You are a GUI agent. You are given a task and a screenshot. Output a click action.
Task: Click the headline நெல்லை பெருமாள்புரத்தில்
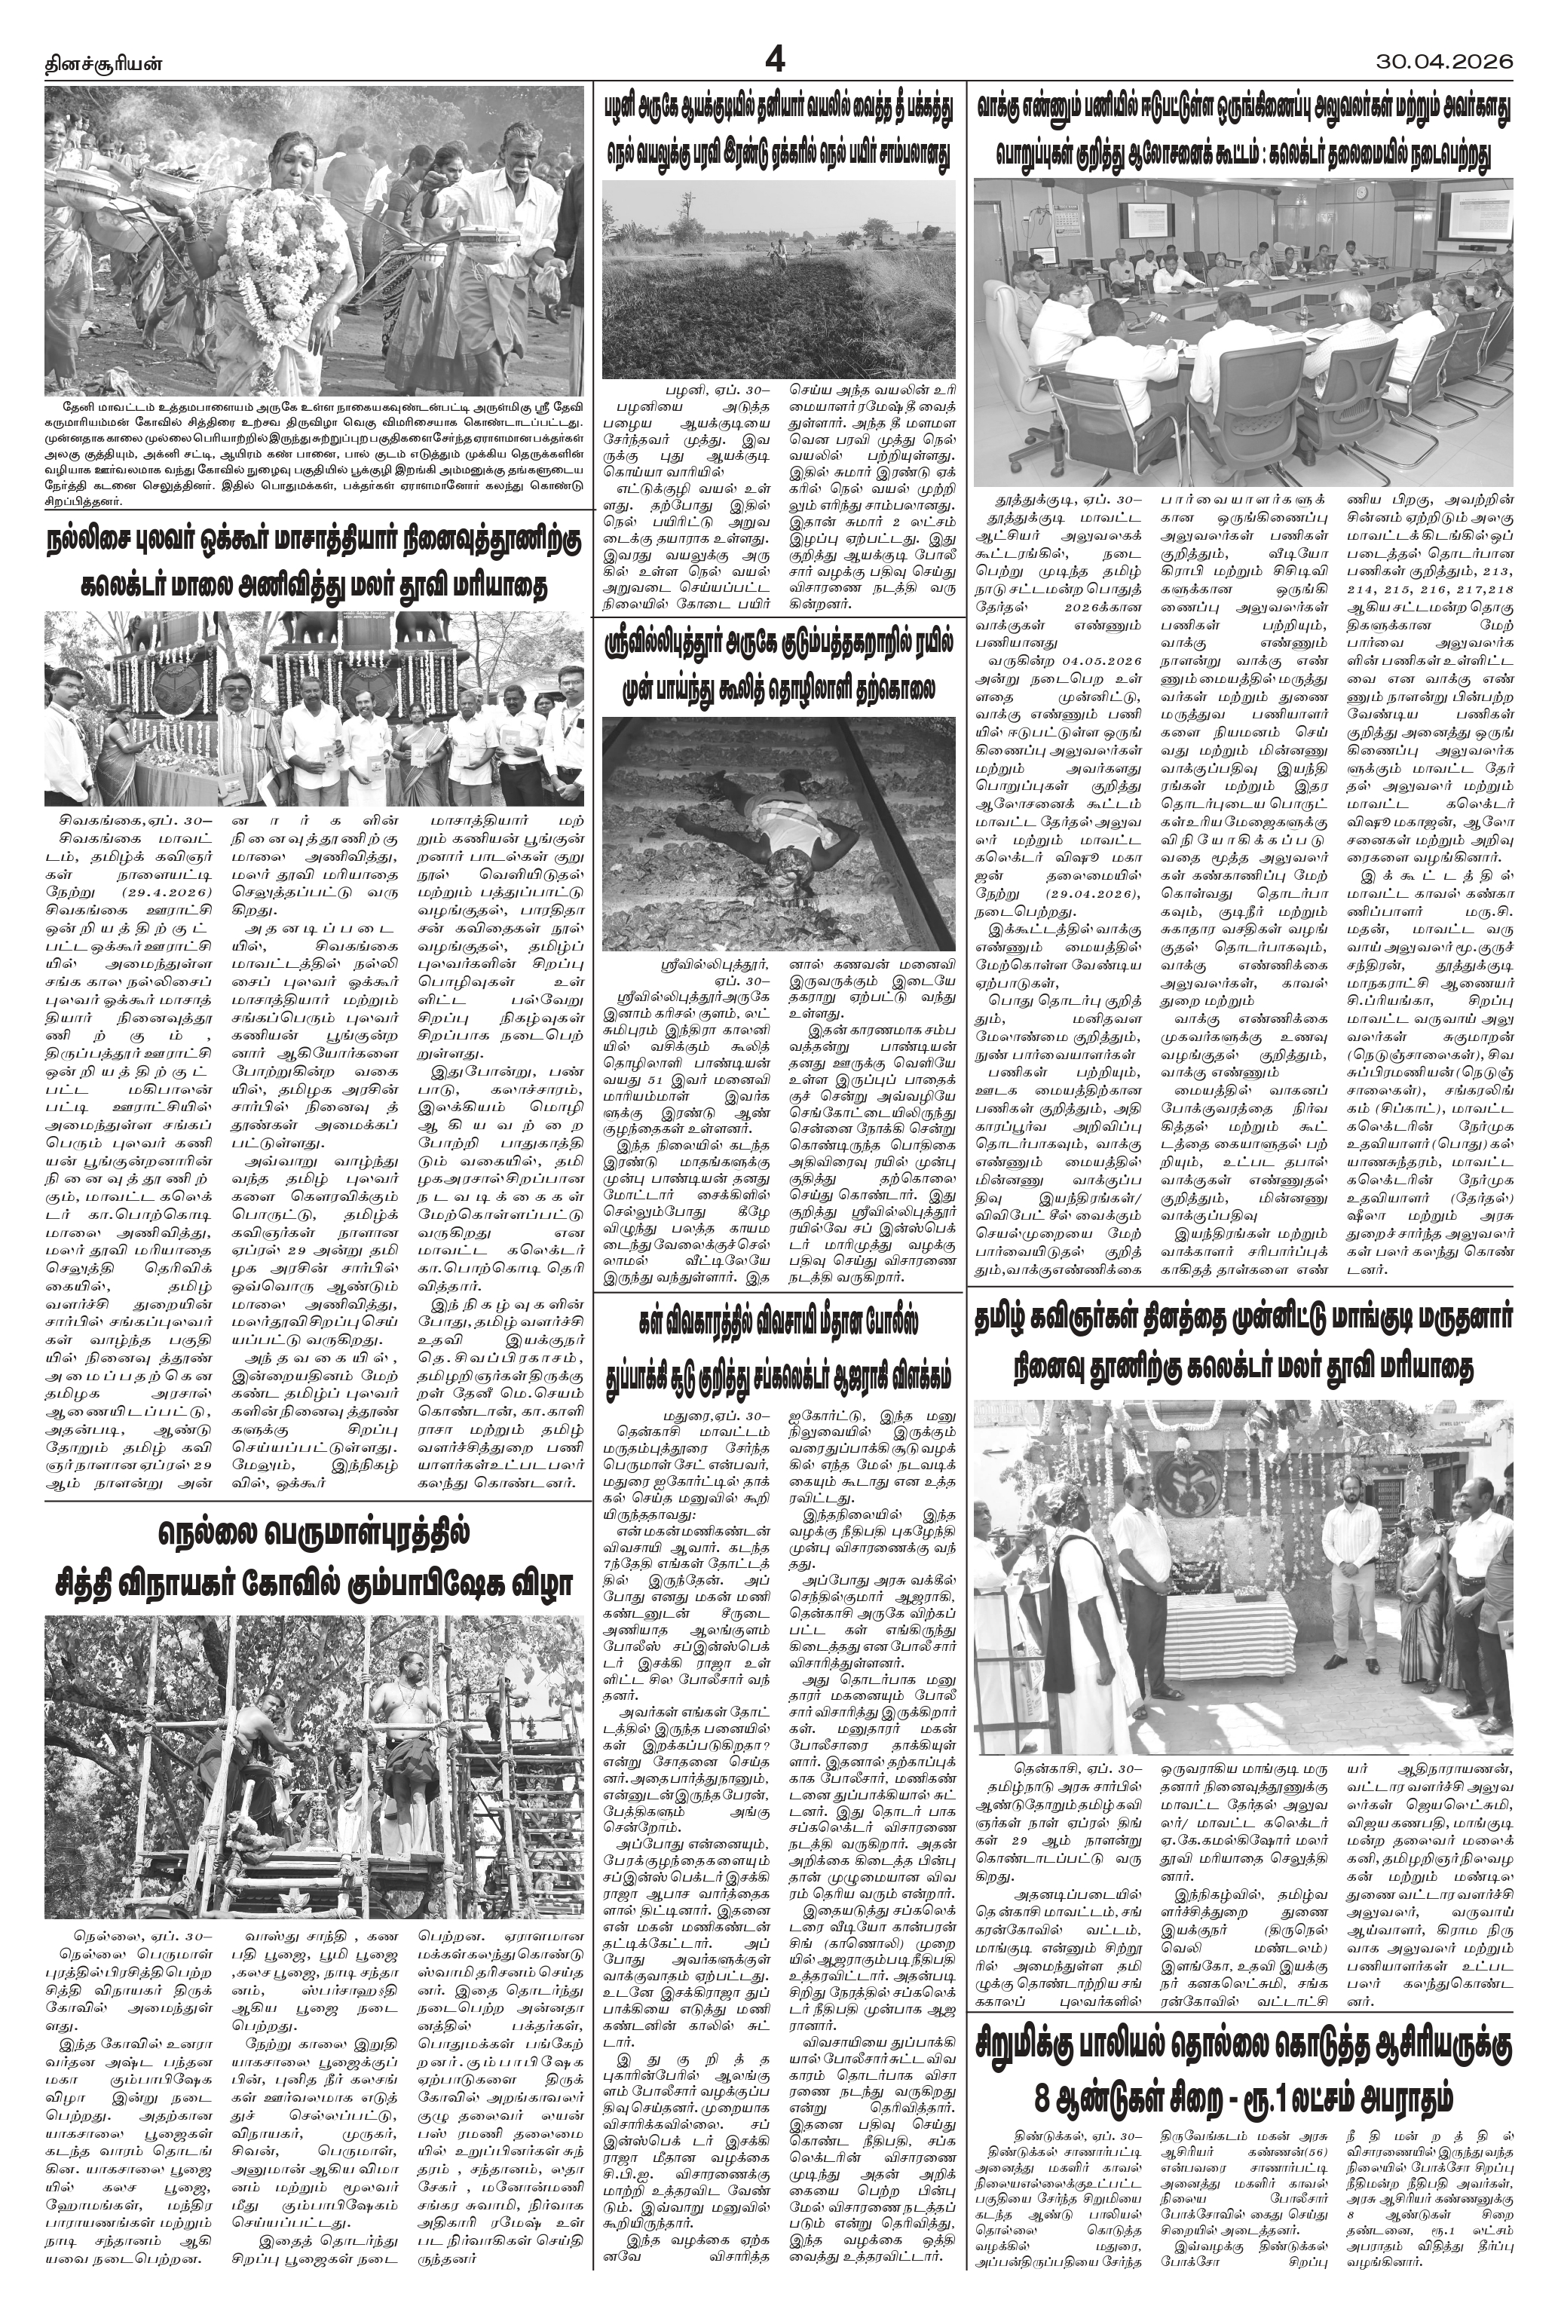point(314,1533)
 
